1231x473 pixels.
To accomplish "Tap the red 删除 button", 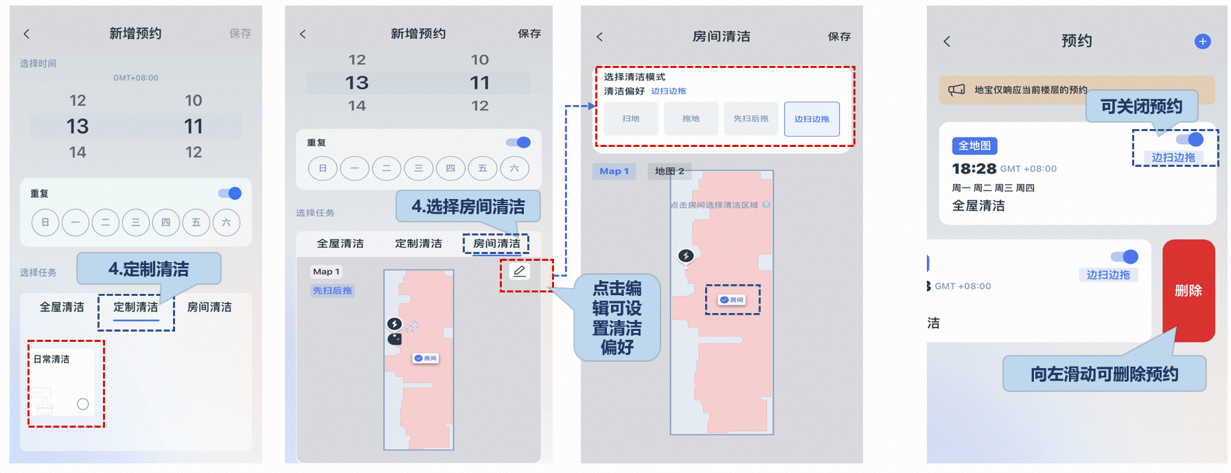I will click(1188, 290).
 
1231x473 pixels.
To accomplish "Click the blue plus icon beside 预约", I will click(1202, 41).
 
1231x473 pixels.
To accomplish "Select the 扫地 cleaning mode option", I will click(630, 119).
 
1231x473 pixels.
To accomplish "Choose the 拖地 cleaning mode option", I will click(691, 119).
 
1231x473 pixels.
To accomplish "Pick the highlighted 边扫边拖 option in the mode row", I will click(812, 119).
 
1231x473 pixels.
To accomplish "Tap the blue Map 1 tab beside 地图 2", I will click(614, 171).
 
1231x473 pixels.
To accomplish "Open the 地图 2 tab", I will click(669, 171).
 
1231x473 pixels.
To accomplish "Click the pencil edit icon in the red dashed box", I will click(520, 271).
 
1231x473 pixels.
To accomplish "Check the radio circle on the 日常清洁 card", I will click(83, 404).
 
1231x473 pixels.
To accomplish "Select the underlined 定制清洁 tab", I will click(136, 308).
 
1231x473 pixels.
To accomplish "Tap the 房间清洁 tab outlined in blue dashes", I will click(496, 244).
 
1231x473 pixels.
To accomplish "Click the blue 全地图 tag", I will click(974, 146).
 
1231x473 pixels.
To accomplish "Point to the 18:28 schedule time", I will click(974, 169).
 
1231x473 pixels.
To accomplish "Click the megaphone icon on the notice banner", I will click(956, 90).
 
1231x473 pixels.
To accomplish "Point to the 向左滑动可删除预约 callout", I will click(1104, 374).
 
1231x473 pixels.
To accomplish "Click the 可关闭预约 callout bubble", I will click(1141, 106).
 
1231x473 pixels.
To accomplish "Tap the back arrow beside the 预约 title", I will click(947, 41).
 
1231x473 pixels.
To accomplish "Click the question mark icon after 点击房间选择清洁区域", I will click(766, 205).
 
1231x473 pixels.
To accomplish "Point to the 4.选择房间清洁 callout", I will click(468, 206).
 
